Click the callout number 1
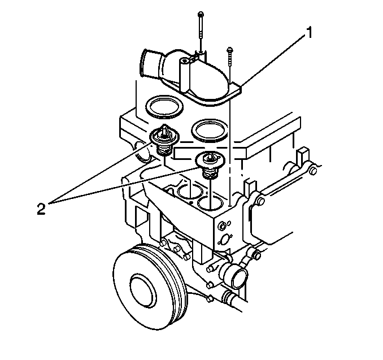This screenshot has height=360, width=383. [x=309, y=33]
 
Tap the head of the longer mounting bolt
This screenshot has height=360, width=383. [x=201, y=14]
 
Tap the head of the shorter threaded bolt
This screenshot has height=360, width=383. [x=230, y=50]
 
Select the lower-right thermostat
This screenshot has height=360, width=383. [x=210, y=164]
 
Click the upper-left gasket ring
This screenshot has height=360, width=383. [x=164, y=107]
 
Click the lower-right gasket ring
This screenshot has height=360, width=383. [x=210, y=130]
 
